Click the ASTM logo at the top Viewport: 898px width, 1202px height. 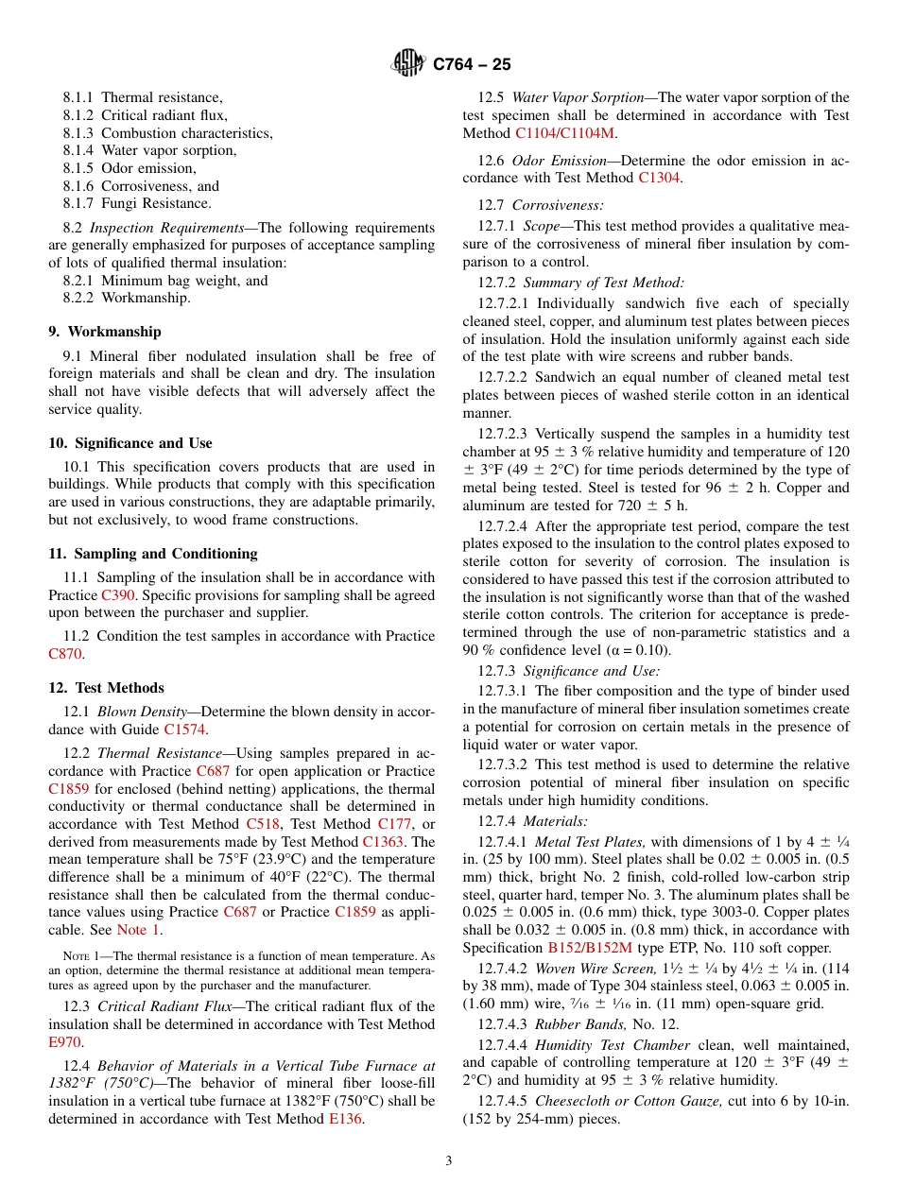tap(408, 63)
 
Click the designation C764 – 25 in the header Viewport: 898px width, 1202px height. tap(472, 64)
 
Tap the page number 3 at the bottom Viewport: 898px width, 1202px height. tap(449, 1160)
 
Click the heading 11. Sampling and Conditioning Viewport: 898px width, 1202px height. tap(152, 554)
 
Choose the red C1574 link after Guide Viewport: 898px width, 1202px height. tap(184, 730)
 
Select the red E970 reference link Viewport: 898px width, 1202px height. tap(65, 1042)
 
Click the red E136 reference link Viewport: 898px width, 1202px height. tap(345, 1119)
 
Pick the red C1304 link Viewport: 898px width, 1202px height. tap(659, 178)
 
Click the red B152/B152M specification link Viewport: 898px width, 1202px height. tap(590, 948)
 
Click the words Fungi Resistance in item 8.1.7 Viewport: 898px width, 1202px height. tap(156, 203)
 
